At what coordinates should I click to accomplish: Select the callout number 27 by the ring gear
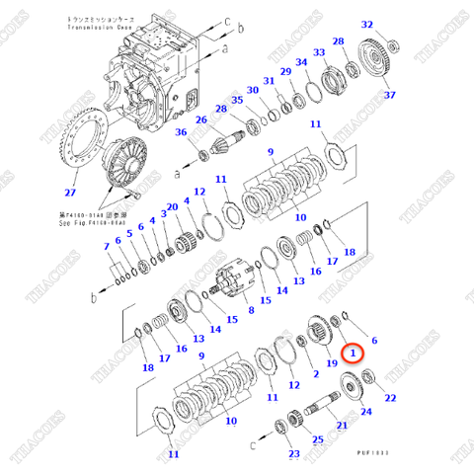70,194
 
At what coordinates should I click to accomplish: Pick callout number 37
389,95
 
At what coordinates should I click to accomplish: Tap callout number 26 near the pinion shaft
200,120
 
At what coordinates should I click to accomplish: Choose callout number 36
181,133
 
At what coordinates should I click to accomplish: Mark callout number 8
250,309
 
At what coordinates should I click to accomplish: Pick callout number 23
292,454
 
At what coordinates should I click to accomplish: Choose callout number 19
332,364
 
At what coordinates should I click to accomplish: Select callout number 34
302,62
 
